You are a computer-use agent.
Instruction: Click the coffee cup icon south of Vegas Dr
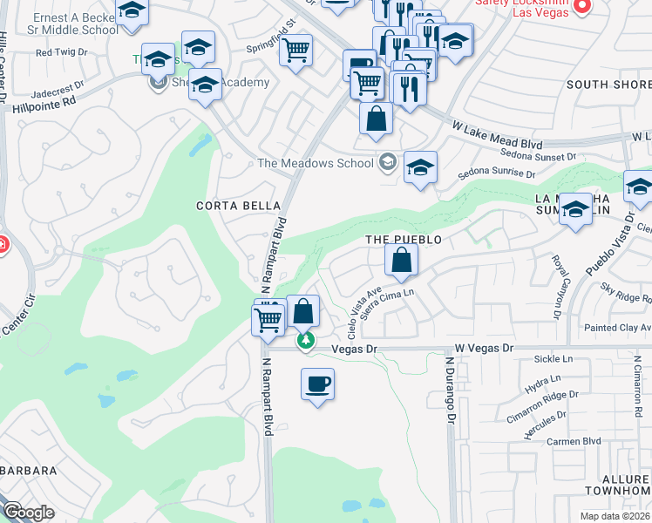317,384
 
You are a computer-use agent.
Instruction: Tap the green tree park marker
305,340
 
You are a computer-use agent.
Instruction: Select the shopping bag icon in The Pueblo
400,260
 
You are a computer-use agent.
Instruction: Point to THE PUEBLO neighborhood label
403,239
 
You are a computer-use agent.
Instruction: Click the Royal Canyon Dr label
555,285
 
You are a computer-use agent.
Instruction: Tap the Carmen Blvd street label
574,441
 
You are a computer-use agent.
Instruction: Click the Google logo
28,513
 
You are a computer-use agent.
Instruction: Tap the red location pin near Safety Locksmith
584,6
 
